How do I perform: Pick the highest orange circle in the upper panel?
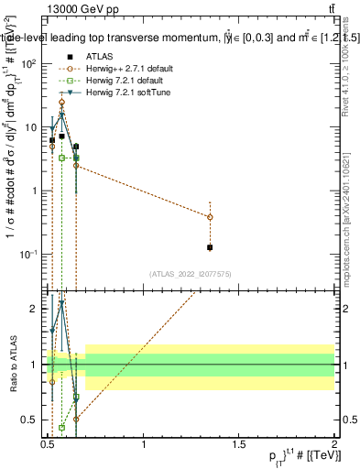click(x=61, y=103)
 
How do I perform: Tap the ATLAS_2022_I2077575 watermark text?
click(x=190, y=274)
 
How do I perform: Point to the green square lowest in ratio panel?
click(x=62, y=427)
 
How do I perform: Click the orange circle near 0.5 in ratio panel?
click(x=76, y=419)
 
